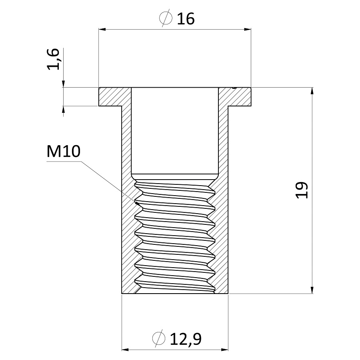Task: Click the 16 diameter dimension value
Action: tap(186, 19)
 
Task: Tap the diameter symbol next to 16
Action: tap(166, 18)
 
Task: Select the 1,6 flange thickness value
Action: tap(53, 59)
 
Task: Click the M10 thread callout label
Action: tap(63, 151)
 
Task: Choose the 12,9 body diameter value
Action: tap(186, 339)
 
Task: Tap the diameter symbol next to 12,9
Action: tap(159, 338)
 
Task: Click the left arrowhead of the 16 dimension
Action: tap(102, 29)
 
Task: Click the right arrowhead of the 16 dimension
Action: tap(248, 29)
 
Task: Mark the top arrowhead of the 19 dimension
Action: tap(312, 91)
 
